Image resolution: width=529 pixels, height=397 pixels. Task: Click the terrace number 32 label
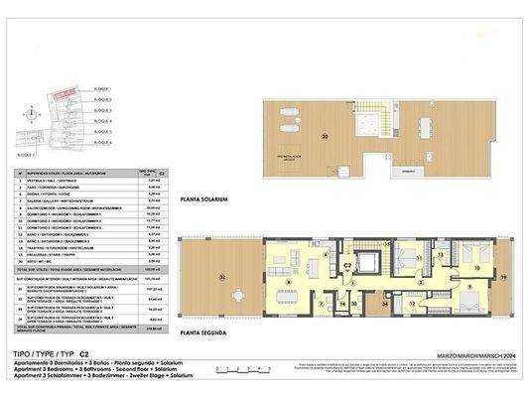[x=223, y=277]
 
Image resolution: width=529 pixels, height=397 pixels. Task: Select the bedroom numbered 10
[x=475, y=269]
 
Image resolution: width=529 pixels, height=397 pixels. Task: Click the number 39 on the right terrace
[x=504, y=276]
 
